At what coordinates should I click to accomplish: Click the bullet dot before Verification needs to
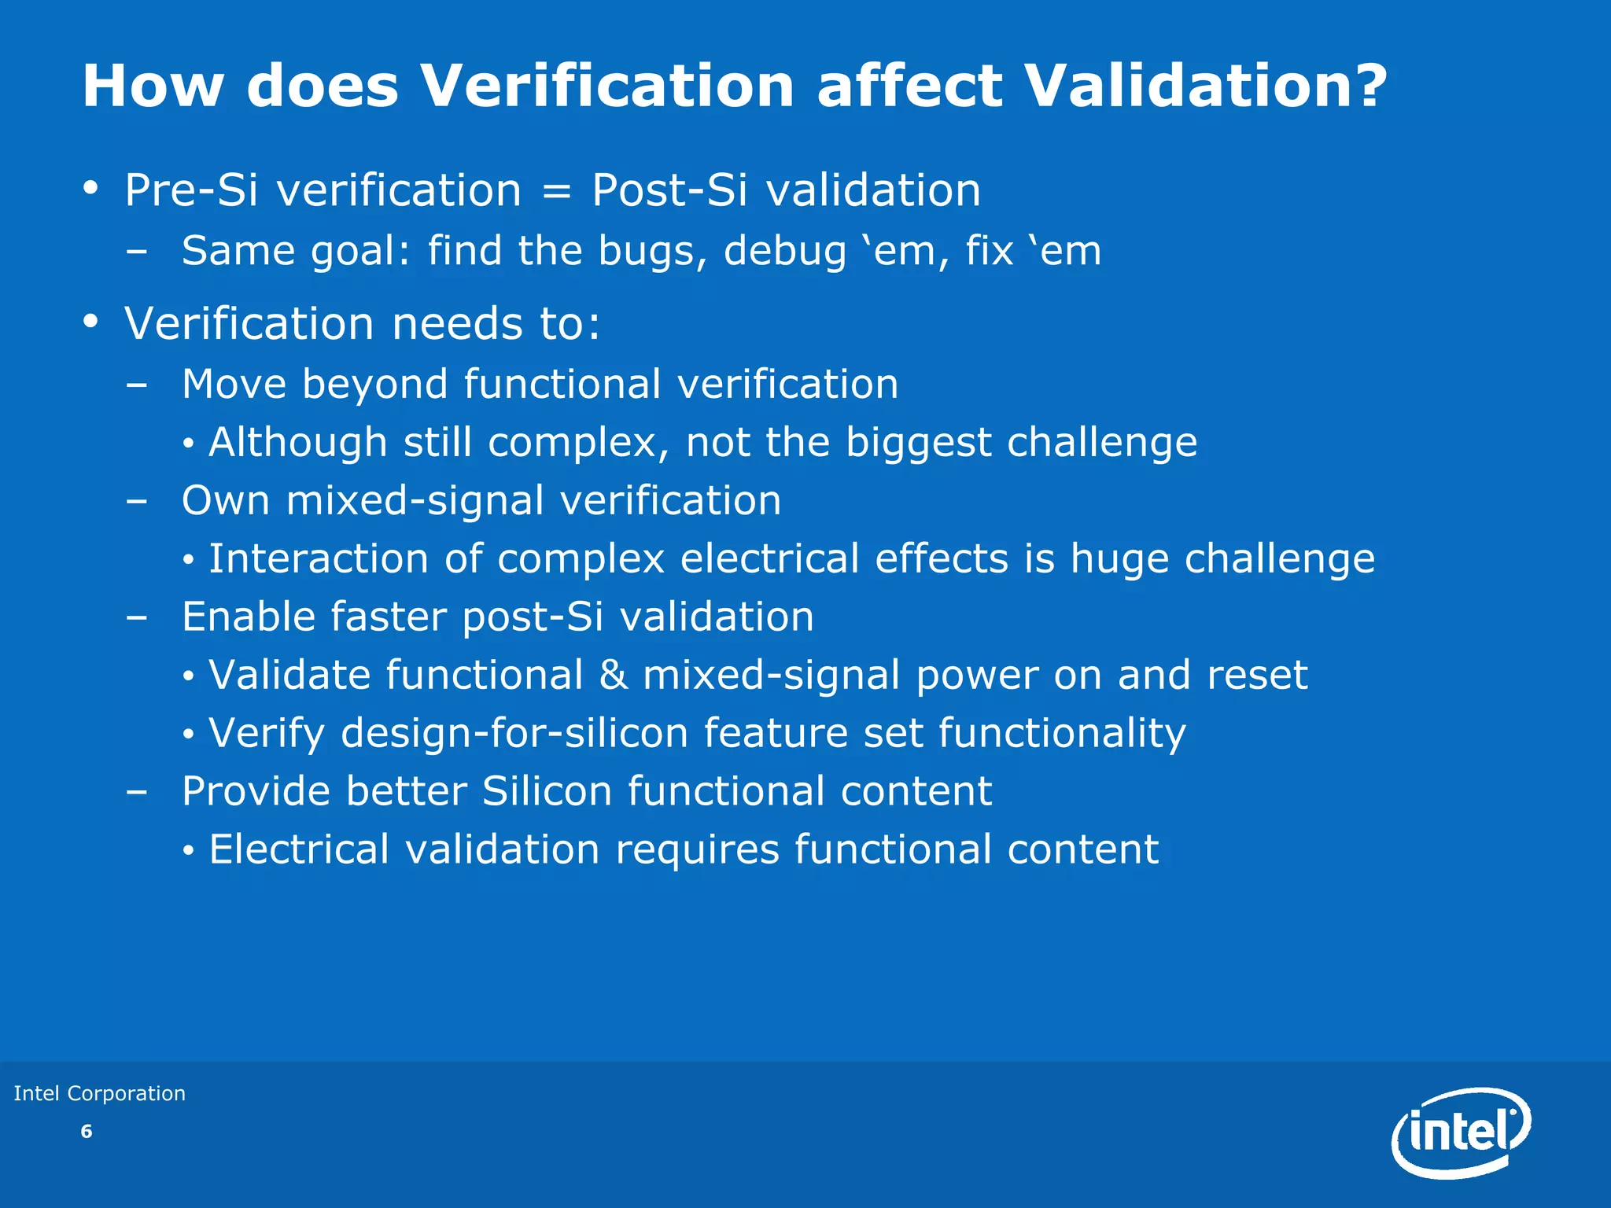click(x=91, y=321)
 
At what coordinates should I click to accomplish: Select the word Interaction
click(x=319, y=559)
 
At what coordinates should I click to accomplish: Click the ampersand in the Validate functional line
click(x=614, y=676)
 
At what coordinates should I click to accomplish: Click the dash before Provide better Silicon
click(x=136, y=792)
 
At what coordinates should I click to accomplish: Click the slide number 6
click(x=87, y=1132)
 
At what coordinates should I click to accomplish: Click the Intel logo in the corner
click(x=1461, y=1133)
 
